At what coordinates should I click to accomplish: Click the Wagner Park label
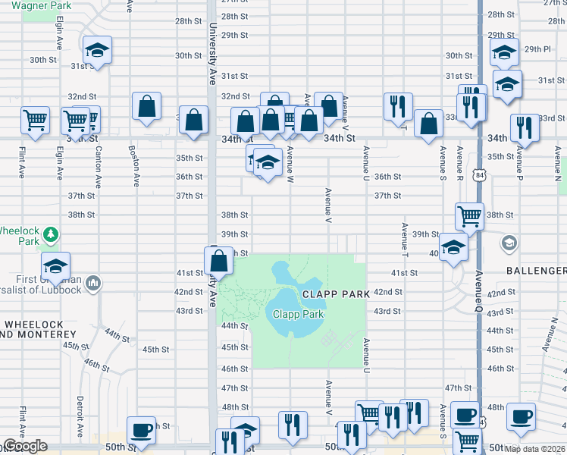[x=49, y=5]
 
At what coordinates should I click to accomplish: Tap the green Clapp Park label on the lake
[x=298, y=314]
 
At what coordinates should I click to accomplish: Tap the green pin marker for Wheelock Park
[x=49, y=234]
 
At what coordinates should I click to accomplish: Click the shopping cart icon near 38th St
[x=469, y=215]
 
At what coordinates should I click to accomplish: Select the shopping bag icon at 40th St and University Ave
[x=218, y=261]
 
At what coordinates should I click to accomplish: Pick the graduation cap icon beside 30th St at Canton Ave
[x=96, y=51]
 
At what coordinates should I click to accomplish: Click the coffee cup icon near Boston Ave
[x=142, y=430]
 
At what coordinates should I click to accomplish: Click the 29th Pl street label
[x=537, y=49]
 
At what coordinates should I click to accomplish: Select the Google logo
[x=24, y=446]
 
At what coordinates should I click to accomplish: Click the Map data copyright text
[x=535, y=448]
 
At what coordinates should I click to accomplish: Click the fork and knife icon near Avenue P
[x=524, y=128]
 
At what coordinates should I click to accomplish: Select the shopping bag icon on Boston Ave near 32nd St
[x=146, y=106]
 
